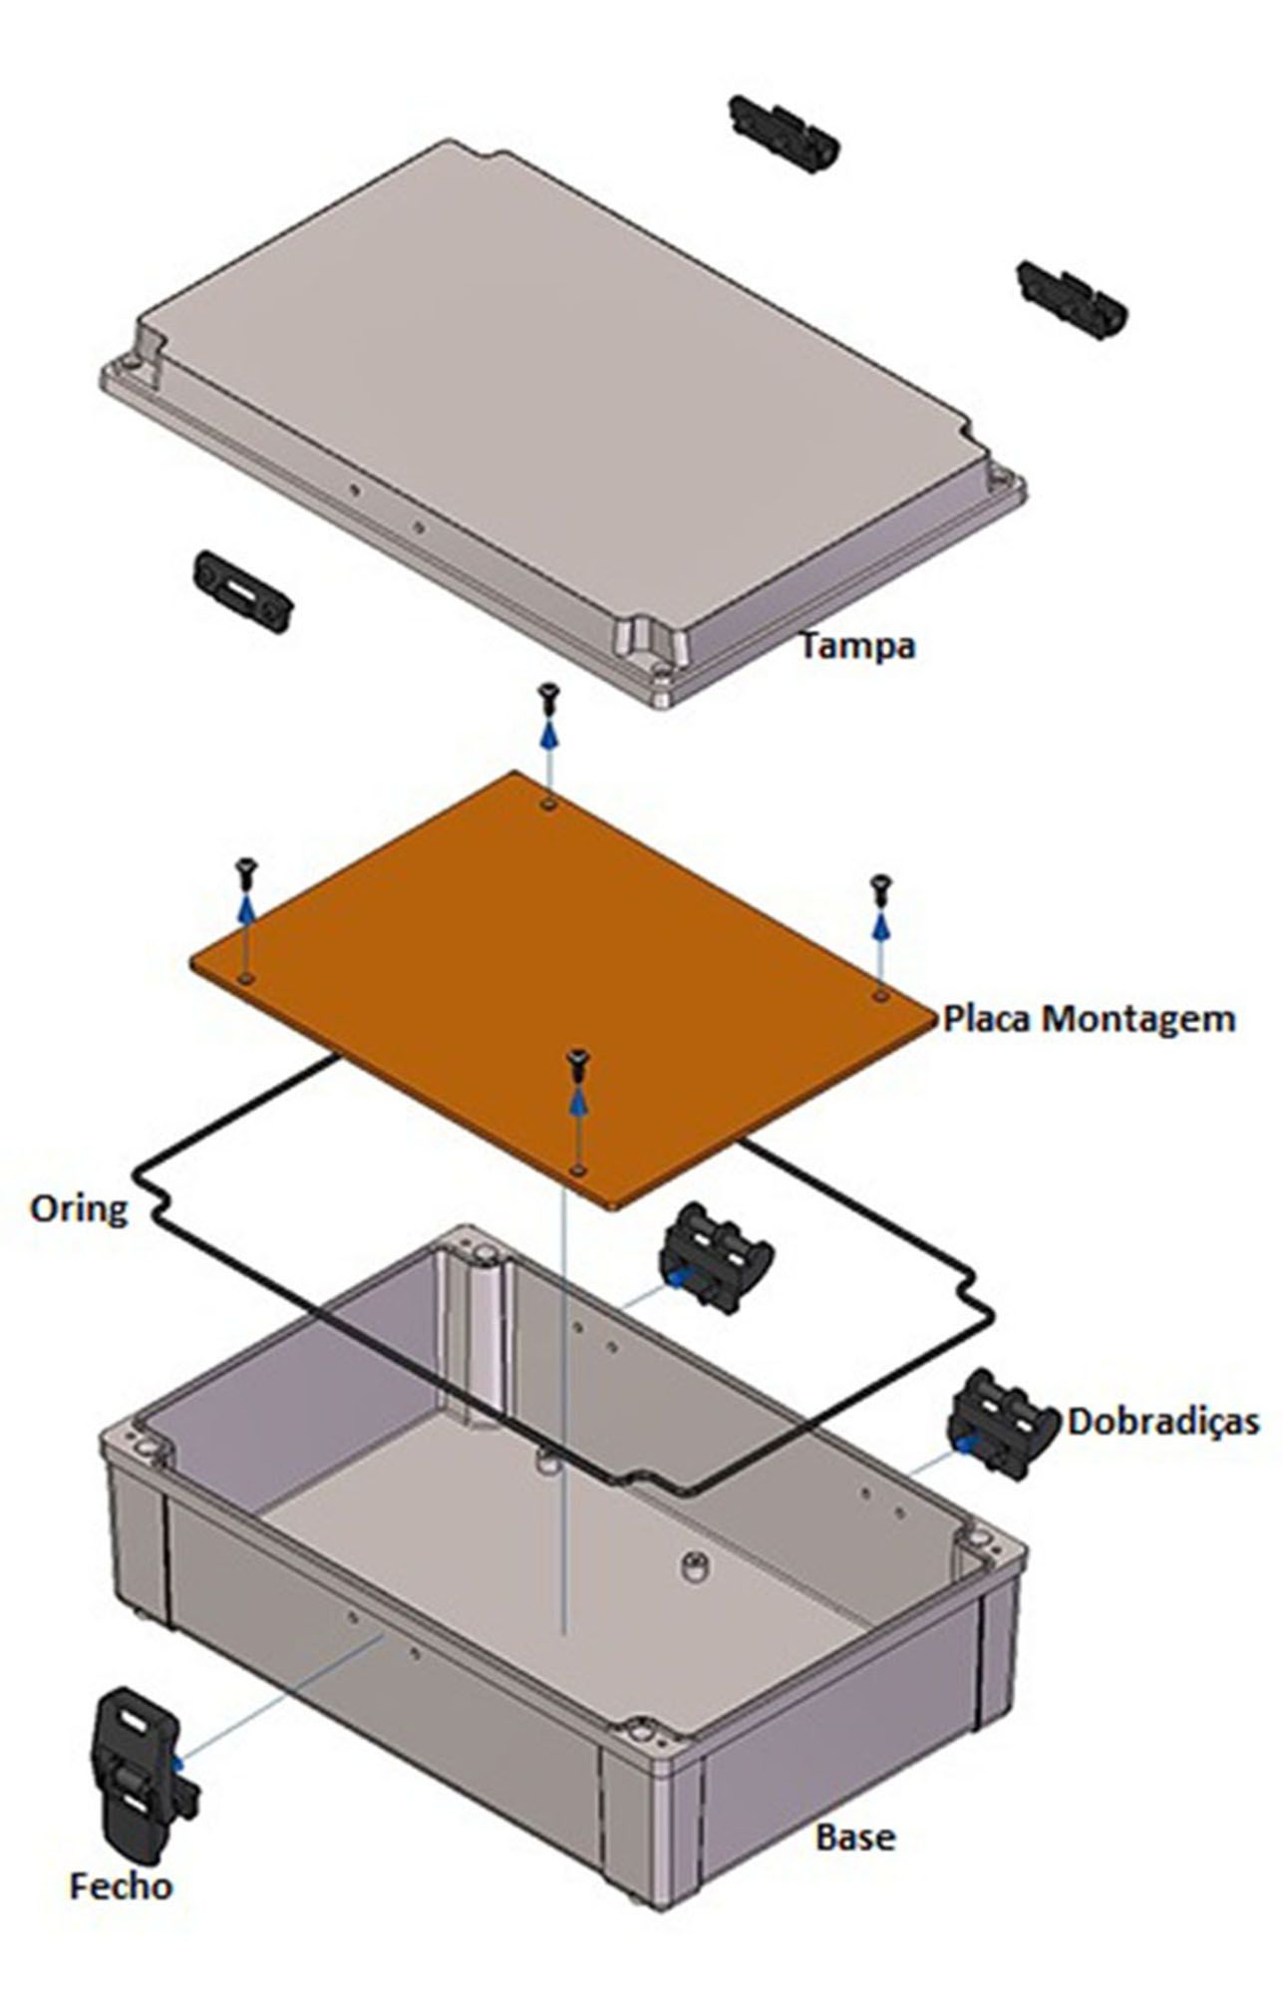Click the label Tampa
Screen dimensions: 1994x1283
point(857,645)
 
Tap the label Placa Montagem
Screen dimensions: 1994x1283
point(1089,1019)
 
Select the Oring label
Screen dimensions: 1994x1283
point(79,1208)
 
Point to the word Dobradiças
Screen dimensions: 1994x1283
point(1163,1421)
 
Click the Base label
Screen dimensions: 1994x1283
point(854,1836)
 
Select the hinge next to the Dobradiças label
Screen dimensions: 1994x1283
point(1002,1425)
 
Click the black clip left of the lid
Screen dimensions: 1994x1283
point(243,591)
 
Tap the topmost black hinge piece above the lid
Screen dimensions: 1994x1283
point(784,134)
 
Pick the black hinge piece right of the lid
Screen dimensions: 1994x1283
point(1072,299)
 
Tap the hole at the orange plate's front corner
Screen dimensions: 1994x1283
point(577,1167)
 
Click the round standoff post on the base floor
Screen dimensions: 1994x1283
point(695,1565)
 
